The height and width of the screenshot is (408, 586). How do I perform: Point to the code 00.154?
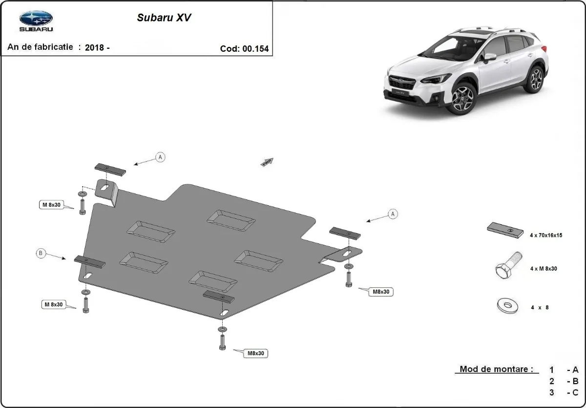(x=255, y=48)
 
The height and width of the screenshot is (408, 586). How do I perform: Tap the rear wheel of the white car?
(x=535, y=80)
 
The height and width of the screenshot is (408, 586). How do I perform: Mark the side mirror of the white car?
(x=489, y=57)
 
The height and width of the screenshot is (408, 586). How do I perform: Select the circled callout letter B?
(x=41, y=253)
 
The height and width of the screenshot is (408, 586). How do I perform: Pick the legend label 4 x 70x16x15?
(x=545, y=235)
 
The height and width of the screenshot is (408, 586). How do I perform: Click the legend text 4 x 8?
(x=540, y=307)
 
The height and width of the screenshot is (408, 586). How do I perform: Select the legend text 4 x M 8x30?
(x=544, y=269)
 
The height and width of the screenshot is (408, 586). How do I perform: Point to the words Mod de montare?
(x=496, y=369)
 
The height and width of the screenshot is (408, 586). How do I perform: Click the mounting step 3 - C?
(x=564, y=392)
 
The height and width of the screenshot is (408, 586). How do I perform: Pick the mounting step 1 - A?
(x=564, y=370)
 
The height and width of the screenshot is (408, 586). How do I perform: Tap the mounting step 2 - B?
(x=564, y=381)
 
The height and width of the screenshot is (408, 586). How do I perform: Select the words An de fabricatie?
(x=41, y=47)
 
